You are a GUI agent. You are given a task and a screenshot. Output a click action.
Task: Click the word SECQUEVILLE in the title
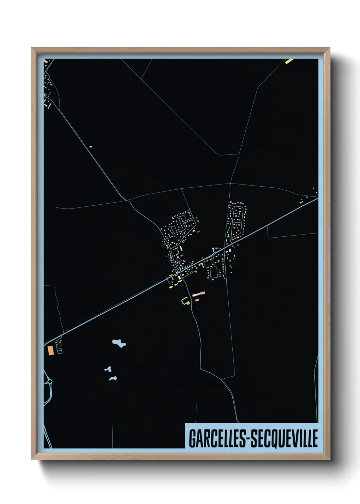[x=284, y=438]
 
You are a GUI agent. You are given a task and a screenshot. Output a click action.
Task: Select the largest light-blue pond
[x=119, y=343]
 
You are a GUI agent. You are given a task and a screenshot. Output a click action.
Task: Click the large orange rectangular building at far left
[x=51, y=350]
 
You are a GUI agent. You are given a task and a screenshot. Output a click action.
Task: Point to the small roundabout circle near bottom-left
[x=50, y=382]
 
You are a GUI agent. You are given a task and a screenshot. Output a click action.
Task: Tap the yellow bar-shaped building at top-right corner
[x=289, y=61]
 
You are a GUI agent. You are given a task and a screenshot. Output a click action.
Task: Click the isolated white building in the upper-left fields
[x=91, y=147]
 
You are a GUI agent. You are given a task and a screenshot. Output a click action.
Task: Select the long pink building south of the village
[x=197, y=294]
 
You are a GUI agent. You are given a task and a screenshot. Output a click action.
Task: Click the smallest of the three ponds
[x=108, y=369]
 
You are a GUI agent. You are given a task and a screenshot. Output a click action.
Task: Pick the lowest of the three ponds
[x=113, y=378]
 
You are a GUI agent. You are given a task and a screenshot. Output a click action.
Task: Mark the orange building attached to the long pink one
[x=203, y=293]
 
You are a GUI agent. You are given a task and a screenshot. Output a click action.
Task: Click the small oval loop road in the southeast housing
[x=214, y=272]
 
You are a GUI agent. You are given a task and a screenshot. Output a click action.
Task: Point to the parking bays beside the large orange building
[x=59, y=346]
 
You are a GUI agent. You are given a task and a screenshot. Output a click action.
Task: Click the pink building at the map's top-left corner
[x=46, y=61]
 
